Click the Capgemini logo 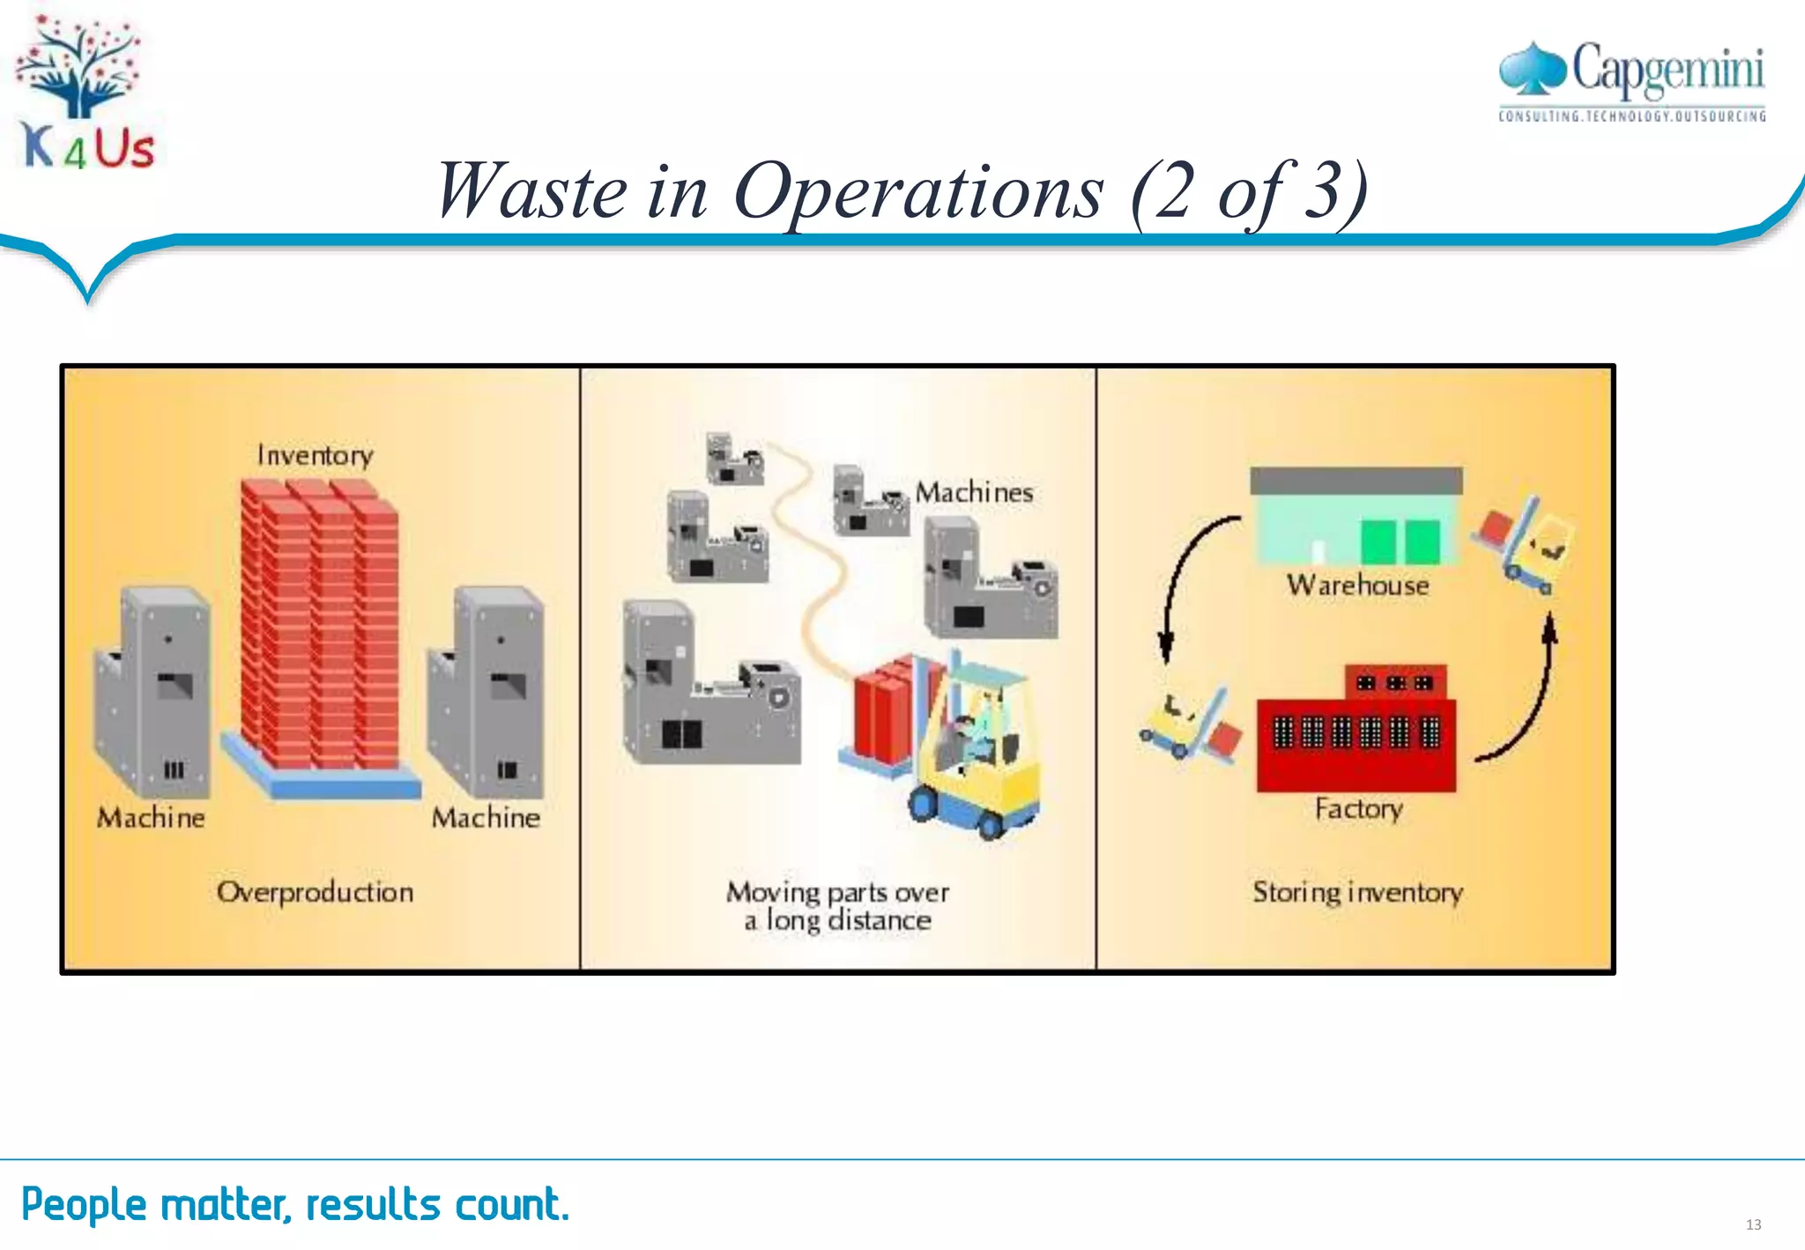(1632, 79)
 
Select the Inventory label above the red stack (315, 455)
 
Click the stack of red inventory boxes (319, 626)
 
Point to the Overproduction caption (315, 892)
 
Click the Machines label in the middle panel (974, 492)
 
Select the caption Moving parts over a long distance (837, 905)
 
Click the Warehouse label (1357, 585)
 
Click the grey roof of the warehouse (1356, 480)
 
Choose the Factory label (1358, 808)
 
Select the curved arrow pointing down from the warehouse (1181, 582)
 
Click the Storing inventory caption (1357, 892)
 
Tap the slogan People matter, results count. (295, 1204)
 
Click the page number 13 (1753, 1224)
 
